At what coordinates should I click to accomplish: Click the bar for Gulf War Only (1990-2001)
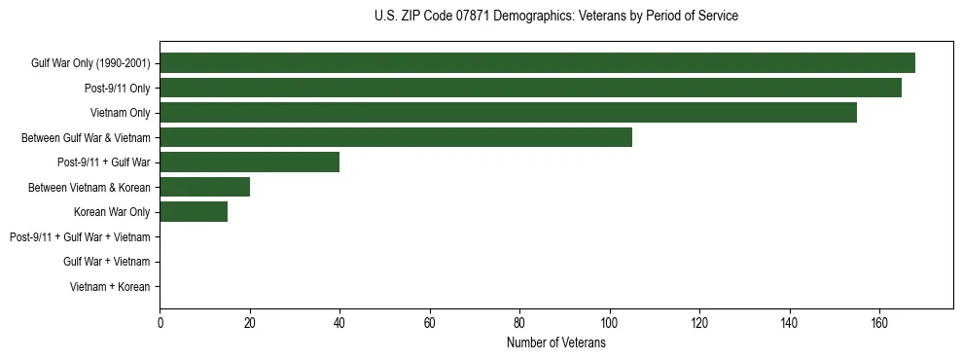click(x=537, y=63)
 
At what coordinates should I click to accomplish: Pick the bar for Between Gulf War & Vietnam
click(x=396, y=138)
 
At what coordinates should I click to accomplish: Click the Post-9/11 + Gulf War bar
click(x=249, y=162)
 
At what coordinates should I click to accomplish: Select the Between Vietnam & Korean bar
click(x=204, y=187)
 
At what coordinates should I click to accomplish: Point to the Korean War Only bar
click(x=194, y=212)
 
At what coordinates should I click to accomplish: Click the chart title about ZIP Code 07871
click(x=555, y=17)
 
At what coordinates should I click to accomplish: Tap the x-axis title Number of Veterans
click(x=555, y=343)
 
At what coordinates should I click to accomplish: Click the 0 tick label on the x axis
click(x=160, y=323)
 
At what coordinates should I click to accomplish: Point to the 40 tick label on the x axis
click(x=339, y=323)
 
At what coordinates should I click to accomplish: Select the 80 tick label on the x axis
click(x=519, y=323)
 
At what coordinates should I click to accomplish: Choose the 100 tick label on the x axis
click(x=609, y=323)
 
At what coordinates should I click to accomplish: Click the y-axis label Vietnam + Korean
click(x=110, y=287)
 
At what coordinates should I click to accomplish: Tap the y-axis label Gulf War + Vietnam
click(x=107, y=262)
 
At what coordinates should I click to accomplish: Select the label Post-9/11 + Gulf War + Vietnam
click(x=80, y=237)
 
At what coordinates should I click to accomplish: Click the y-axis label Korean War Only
click(x=112, y=212)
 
